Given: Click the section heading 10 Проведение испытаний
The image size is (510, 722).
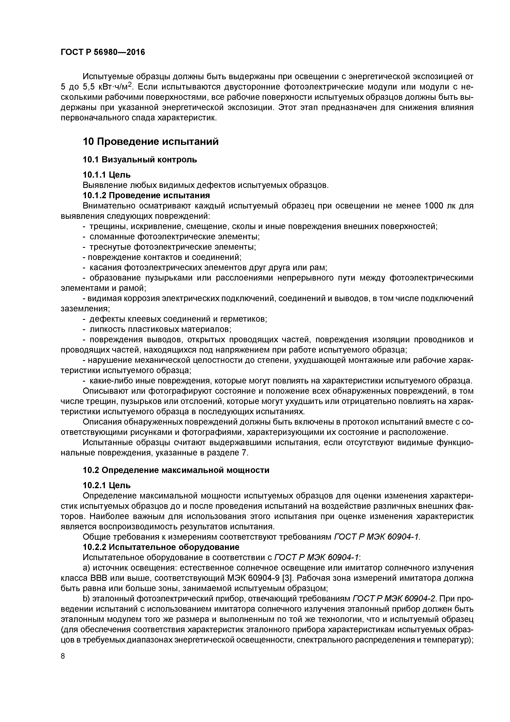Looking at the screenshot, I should [x=151, y=142].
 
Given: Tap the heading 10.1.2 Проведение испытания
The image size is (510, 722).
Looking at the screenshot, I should [x=146, y=196].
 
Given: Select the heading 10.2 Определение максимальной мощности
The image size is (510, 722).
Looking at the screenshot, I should [x=176, y=470].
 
